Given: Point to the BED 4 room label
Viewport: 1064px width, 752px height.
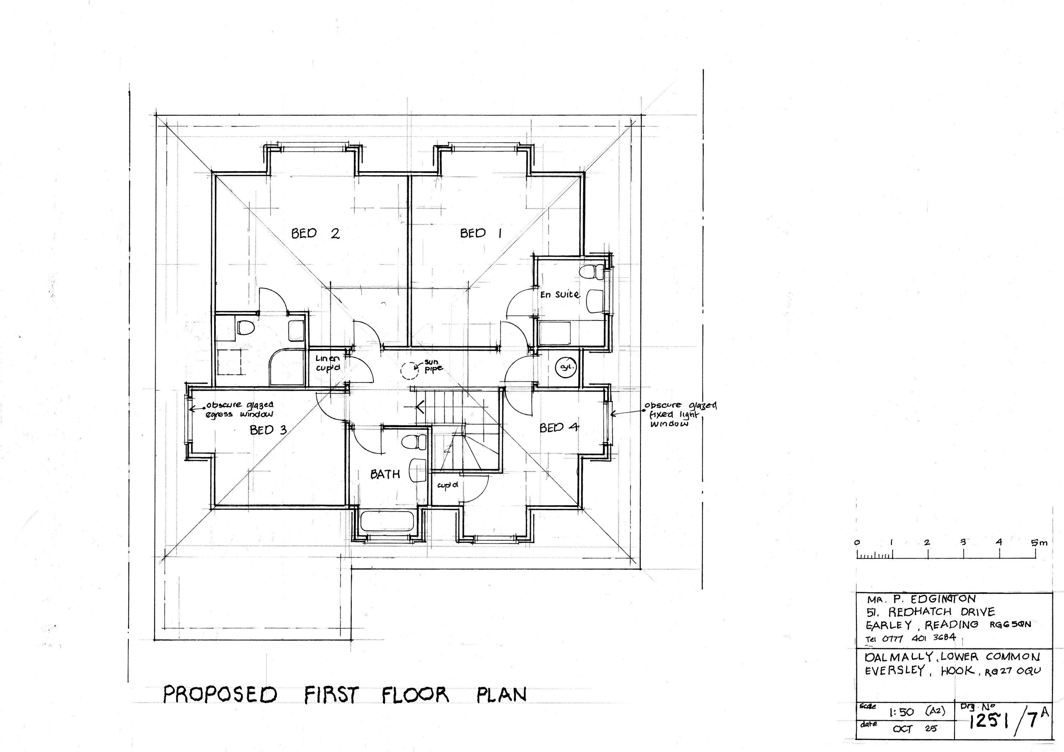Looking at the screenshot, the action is pos(559,427).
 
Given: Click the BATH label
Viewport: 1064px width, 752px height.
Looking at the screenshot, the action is pos(385,474).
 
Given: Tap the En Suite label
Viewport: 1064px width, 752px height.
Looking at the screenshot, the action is pos(560,294).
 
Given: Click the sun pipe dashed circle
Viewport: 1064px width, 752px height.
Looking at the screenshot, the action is pos(409,370).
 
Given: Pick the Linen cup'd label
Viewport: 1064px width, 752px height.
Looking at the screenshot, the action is pos(328,363).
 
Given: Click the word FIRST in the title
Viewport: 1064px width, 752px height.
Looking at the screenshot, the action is pos(331,695).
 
